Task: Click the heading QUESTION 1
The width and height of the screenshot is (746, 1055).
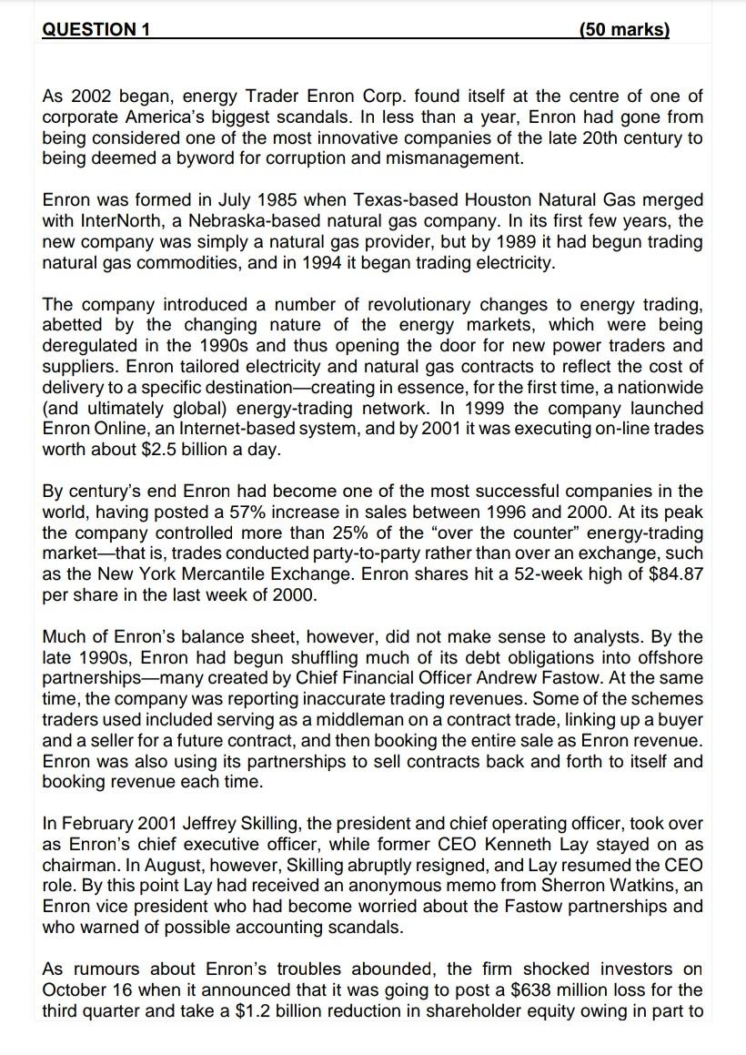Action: coord(96,29)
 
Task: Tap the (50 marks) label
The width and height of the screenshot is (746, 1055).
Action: coord(623,29)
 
